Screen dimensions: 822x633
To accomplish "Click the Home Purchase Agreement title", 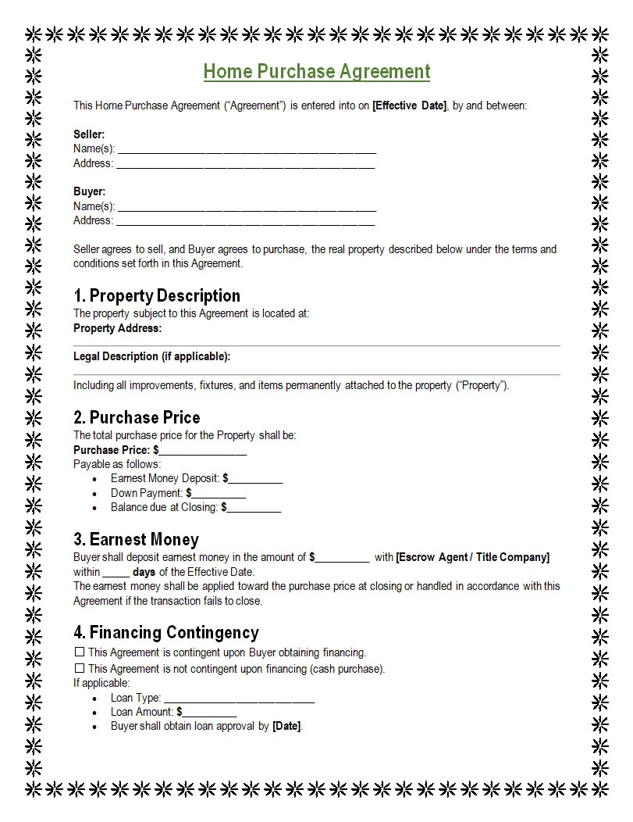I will tap(316, 72).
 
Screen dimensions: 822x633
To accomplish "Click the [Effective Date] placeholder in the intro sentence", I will tap(409, 105).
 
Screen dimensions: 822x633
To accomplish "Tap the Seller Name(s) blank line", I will tap(246, 151).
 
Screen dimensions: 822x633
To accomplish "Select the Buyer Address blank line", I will tap(246, 223).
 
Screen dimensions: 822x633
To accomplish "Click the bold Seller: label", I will tap(89, 134).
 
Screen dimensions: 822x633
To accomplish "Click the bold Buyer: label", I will tap(89, 191).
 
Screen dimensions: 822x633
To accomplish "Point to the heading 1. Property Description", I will tap(157, 295).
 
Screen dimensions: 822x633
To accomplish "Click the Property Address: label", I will tap(117, 328).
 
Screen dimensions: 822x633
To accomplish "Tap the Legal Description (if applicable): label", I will tap(151, 356).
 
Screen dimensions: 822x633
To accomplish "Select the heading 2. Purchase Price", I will tap(137, 417).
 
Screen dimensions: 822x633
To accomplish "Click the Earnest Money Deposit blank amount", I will tap(255, 480).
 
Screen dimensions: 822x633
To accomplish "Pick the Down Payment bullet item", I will tap(178, 493).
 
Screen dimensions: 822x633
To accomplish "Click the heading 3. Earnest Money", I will tap(136, 539).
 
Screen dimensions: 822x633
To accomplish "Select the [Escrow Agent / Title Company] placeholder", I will tap(472, 557).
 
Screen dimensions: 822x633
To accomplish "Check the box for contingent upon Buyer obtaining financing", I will tap(79, 652).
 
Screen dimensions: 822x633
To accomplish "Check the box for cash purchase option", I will tap(79, 668).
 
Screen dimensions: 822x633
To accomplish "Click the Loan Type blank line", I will tap(239, 699).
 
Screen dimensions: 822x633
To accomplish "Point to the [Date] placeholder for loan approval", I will tap(286, 726).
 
